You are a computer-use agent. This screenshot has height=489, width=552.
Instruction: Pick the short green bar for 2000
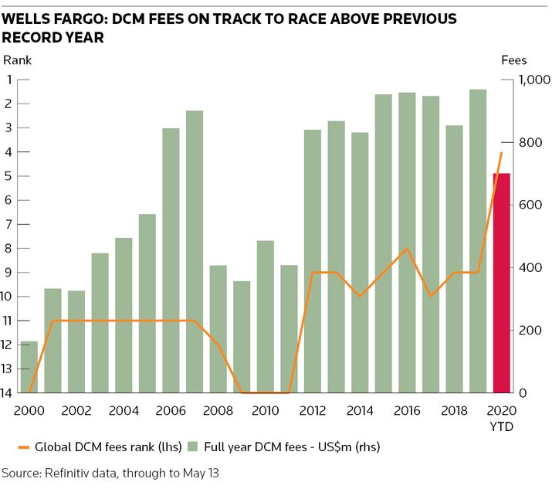point(29,367)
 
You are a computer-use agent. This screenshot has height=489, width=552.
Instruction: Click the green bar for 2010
point(266,317)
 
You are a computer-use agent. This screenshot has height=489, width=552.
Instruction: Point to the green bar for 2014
point(360,263)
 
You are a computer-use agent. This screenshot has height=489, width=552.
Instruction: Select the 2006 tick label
point(171,409)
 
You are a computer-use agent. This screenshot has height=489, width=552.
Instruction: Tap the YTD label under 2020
point(503,426)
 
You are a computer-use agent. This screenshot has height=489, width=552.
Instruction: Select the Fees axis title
point(514,59)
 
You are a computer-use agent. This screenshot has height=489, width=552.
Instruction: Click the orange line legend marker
point(22,447)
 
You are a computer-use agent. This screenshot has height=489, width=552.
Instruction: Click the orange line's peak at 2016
point(407,249)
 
